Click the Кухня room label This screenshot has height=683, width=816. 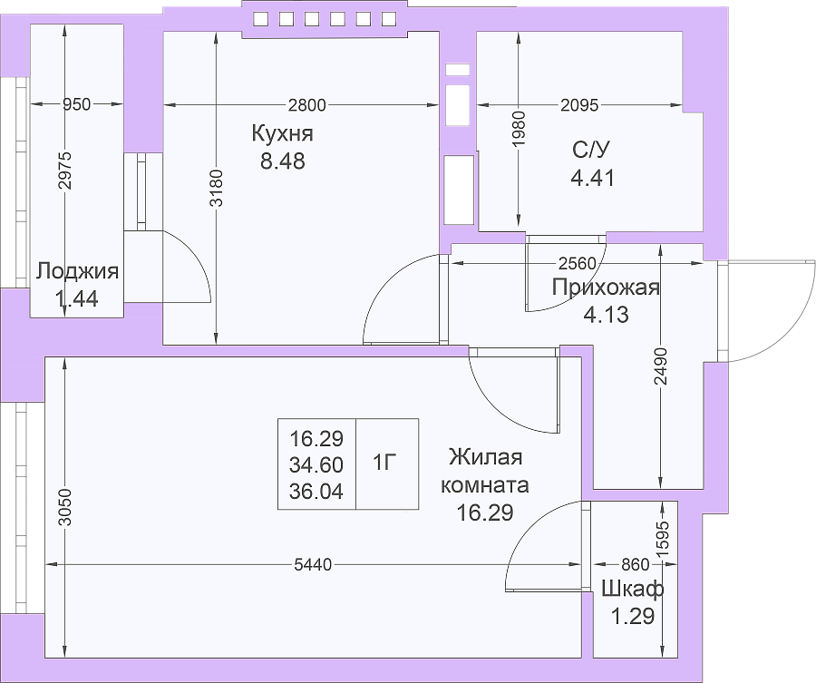tap(283, 133)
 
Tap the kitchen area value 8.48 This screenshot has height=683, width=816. tap(283, 161)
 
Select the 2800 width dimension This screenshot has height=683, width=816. tap(307, 105)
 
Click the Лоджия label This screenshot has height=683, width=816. tap(78, 271)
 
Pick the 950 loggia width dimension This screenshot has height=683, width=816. tap(76, 104)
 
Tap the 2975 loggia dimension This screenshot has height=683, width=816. tap(64, 171)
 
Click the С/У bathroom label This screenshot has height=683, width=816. tap(590, 151)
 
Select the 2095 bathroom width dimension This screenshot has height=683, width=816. tap(579, 106)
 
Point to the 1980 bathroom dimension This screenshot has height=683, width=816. tap(519, 128)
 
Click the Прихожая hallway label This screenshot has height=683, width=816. tap(606, 288)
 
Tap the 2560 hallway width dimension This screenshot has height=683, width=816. tap(578, 263)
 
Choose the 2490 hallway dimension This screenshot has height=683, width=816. tap(661, 366)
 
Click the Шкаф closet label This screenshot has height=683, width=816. tap(632, 590)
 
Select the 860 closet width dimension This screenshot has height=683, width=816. tap(636, 564)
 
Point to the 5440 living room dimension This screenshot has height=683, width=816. tap(313, 564)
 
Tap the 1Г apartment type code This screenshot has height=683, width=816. tap(385, 463)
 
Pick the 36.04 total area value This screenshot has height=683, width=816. tap(316, 492)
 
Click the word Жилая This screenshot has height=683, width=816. tap(486, 457)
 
